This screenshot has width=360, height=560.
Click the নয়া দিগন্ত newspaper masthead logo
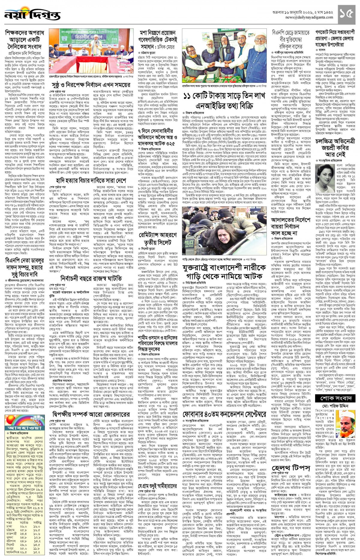[x=32, y=14]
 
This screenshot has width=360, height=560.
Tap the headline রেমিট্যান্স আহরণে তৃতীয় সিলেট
[x=157, y=238]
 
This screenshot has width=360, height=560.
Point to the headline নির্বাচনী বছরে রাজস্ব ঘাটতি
[x=91, y=278]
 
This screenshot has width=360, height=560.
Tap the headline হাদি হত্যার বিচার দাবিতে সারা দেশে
[x=91, y=180]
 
